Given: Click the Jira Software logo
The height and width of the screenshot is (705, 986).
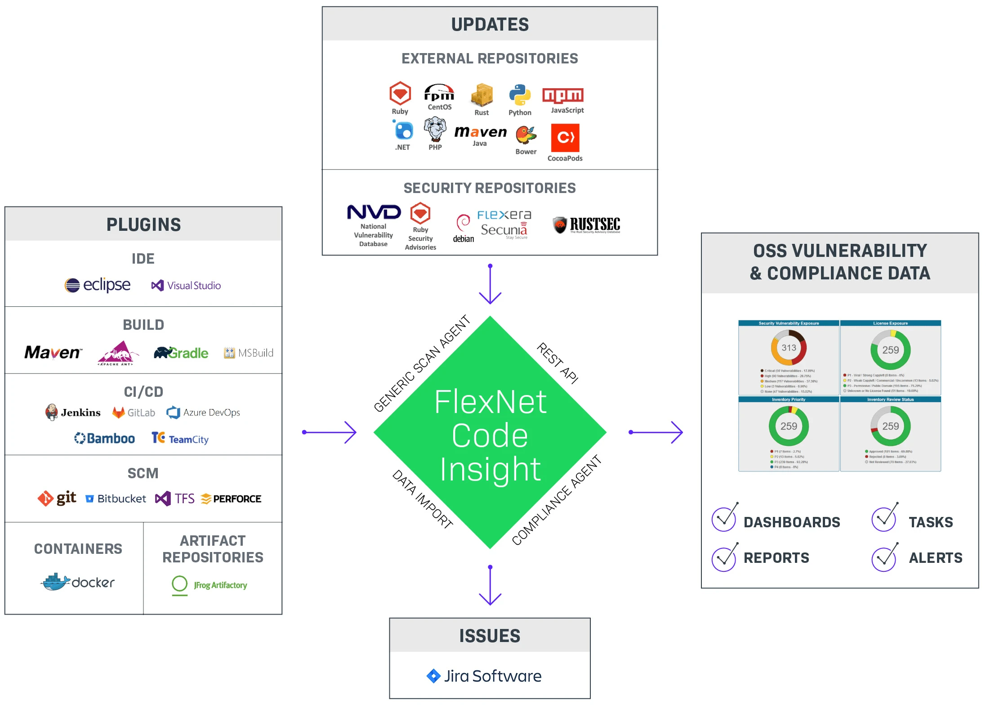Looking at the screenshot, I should (x=484, y=676).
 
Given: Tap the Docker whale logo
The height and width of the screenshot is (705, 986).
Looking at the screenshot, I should (x=56, y=582).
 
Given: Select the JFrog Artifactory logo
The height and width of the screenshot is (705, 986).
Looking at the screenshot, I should (x=210, y=585).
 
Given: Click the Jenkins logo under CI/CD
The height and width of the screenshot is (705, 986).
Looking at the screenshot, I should (x=73, y=412).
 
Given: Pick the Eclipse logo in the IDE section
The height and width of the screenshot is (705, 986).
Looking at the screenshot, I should (x=97, y=285).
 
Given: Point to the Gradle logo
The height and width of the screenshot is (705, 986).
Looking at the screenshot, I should (x=181, y=353).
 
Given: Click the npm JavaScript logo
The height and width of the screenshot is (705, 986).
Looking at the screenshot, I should (x=562, y=95).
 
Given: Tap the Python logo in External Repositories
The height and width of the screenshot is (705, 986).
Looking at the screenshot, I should (x=520, y=95).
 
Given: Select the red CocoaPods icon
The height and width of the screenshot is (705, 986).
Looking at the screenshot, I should (x=565, y=138).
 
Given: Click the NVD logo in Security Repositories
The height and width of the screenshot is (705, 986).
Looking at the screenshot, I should (x=374, y=212).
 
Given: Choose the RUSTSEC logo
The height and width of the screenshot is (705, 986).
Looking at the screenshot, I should (x=586, y=225).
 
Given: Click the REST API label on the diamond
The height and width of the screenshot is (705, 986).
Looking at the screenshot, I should (x=558, y=363).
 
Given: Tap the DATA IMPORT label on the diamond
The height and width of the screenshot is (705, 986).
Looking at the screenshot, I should (x=422, y=498).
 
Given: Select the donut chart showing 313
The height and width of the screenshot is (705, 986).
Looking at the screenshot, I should (x=789, y=348).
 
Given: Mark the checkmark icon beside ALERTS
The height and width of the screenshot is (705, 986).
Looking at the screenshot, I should (x=884, y=557).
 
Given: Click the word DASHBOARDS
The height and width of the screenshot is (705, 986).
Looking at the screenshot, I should (x=791, y=522).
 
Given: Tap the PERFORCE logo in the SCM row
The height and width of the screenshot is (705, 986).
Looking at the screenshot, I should (x=231, y=498).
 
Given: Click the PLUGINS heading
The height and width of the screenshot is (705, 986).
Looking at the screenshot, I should (x=143, y=225).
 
